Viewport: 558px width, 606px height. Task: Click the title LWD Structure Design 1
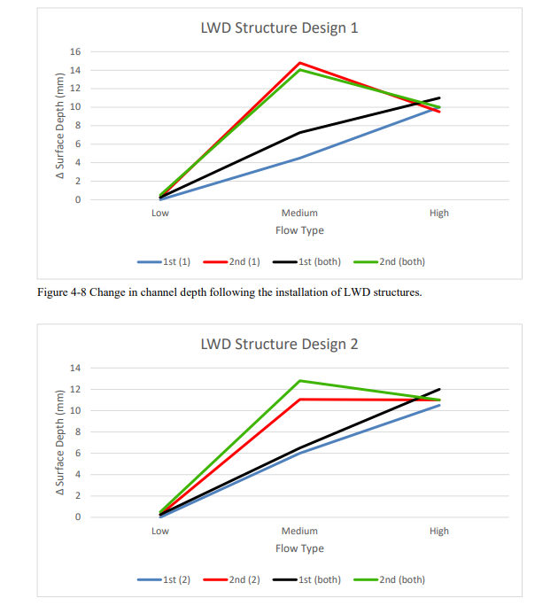pos(279,28)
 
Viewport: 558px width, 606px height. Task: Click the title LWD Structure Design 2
pos(279,344)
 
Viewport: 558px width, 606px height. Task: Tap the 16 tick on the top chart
pos(76,51)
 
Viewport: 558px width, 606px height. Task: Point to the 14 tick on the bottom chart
pos(76,368)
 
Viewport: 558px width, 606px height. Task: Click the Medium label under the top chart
pos(299,214)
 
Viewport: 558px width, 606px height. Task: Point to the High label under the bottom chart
pos(439,532)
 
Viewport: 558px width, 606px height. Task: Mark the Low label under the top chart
pos(160,214)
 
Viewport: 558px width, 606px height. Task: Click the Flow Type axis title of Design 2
pos(299,548)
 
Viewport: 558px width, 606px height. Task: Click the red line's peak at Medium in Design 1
pos(299,63)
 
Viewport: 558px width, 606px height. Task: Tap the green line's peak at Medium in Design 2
pos(299,381)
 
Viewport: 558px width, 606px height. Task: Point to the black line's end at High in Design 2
pos(439,389)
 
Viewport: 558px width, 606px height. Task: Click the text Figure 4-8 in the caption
pos(67,293)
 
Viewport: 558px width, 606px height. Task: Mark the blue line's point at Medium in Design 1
pos(299,158)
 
